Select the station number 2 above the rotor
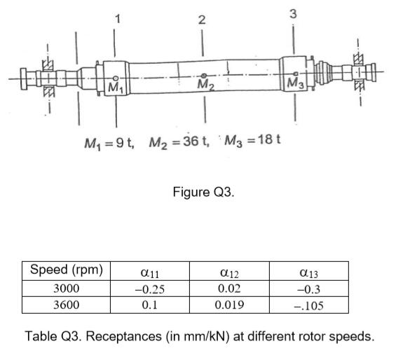[x=202, y=20]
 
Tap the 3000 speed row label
[x=67, y=289]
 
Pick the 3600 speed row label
[x=67, y=305]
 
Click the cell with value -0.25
[x=149, y=289]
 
